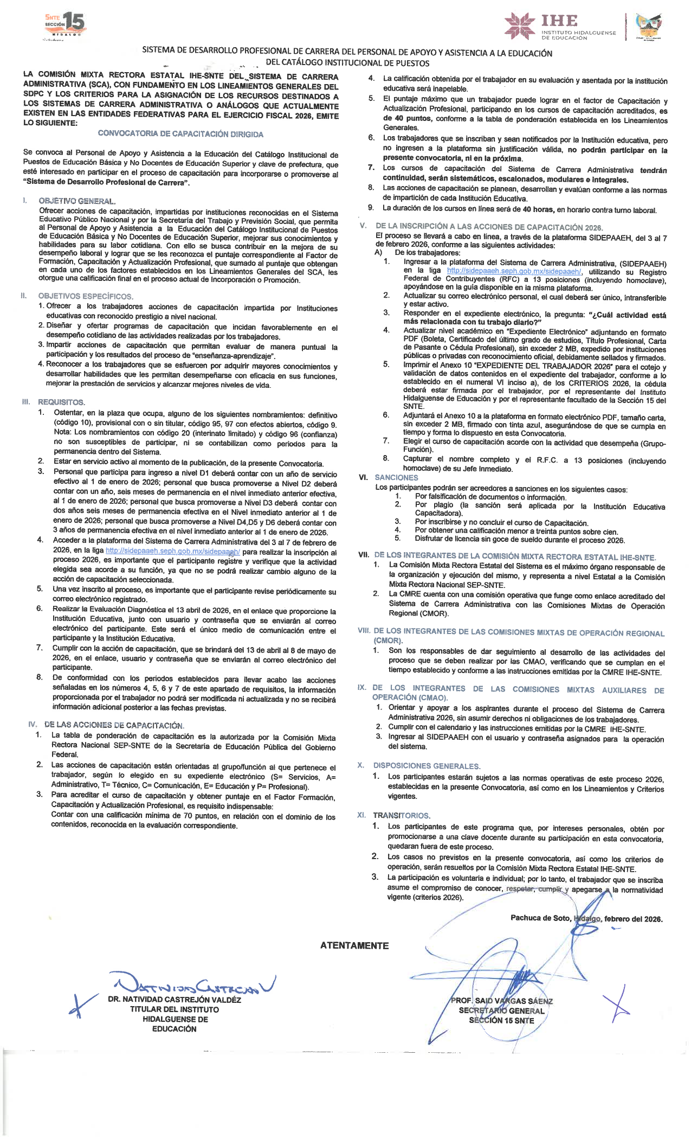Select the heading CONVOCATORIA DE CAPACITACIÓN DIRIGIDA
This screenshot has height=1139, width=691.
[x=180, y=134]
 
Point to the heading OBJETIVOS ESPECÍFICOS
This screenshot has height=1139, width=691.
[x=85, y=296]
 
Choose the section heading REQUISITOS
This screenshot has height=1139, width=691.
[x=61, y=402]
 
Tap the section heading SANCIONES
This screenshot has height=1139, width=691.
[x=396, y=477]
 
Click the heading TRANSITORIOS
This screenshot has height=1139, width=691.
[x=401, y=815]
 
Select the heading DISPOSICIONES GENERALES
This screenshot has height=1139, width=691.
[x=427, y=766]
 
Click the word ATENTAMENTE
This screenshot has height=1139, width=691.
[x=354, y=945]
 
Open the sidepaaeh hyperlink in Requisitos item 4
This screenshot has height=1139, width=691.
[x=173, y=552]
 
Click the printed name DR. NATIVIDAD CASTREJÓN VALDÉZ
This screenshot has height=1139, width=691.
[x=175, y=999]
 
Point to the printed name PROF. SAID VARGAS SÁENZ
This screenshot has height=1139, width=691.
[x=501, y=1001]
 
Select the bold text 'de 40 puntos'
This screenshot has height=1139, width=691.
[x=407, y=119]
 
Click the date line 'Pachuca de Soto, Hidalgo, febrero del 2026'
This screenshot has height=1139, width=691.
[x=586, y=918]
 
